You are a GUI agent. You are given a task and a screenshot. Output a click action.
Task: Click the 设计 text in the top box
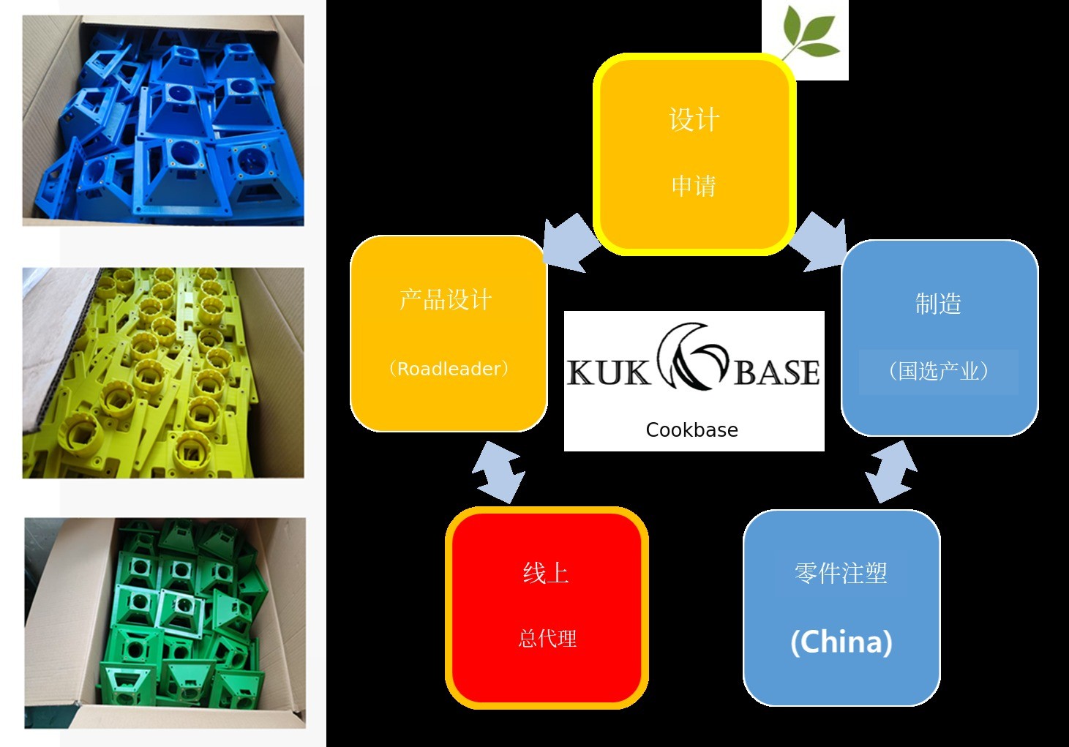[x=694, y=120]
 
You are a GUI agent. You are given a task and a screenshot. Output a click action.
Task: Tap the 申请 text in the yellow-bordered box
[x=694, y=186]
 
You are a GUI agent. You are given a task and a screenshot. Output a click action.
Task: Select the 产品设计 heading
[x=446, y=300]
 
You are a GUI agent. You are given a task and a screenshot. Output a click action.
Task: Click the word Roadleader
[x=448, y=369]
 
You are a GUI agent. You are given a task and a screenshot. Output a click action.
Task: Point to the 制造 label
[x=938, y=304]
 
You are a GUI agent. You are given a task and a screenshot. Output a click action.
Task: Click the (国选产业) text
[x=939, y=372]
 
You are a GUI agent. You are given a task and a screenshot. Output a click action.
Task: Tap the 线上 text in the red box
[x=546, y=573]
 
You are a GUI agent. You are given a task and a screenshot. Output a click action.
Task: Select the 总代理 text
[x=547, y=639]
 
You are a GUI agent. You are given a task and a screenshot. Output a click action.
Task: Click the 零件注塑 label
[x=841, y=573]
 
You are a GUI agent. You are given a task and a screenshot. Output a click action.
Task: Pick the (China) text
[x=841, y=642]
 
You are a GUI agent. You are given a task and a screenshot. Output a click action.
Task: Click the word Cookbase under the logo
[x=691, y=430]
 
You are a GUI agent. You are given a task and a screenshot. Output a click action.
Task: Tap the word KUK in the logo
[x=607, y=372]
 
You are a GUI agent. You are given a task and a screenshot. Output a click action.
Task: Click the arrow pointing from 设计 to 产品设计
[x=570, y=242]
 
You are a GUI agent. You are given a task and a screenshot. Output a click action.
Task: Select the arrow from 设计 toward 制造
[x=819, y=242]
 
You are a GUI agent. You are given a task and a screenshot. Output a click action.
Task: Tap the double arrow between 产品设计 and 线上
[x=498, y=472]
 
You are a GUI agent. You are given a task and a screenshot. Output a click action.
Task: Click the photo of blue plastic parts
[x=163, y=121]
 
